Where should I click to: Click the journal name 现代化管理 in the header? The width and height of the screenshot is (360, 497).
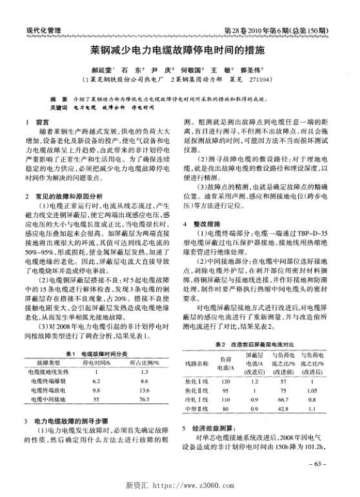[x=43, y=30]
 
